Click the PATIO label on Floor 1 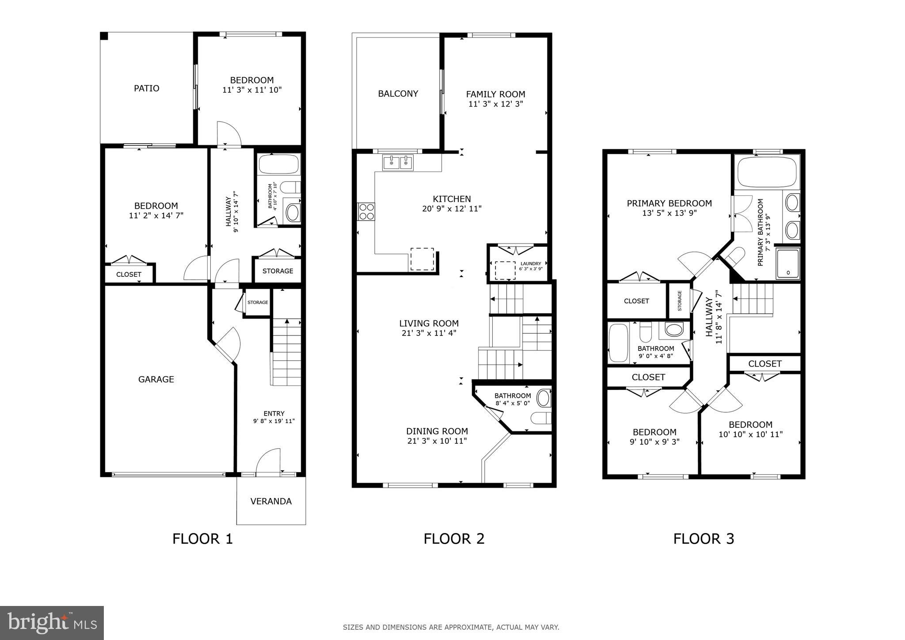coord(146,88)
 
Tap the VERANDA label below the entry coord(271,501)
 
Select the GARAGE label coord(156,379)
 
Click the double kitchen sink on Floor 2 coord(398,163)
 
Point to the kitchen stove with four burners coord(366,211)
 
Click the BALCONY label coord(398,94)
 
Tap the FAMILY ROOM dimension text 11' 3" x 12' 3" coord(495,104)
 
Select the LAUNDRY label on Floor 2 coord(531,263)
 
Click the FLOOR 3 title coord(703,539)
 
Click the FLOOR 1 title coord(202,539)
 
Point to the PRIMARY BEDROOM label coord(669,203)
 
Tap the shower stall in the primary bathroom coord(788,263)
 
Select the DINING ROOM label coord(437,431)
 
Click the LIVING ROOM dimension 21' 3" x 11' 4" coord(429,333)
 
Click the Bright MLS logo coord(52,623)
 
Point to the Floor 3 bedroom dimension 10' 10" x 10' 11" coord(750,434)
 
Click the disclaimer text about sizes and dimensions coord(451,627)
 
